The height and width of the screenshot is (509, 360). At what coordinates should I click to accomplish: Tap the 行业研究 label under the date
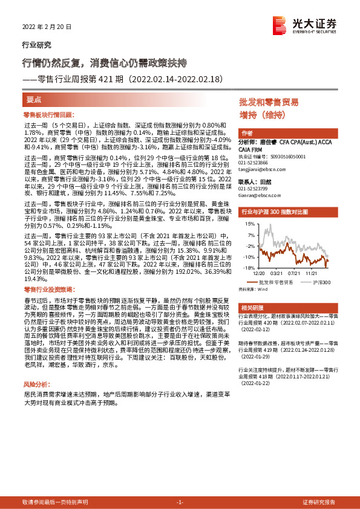[36, 45]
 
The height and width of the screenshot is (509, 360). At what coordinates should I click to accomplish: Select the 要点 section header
[34, 99]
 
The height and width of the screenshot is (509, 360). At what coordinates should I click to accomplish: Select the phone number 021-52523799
[255, 190]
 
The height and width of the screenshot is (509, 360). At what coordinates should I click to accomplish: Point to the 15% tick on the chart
[249, 224]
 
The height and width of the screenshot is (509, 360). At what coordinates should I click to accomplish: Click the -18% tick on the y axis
[248, 267]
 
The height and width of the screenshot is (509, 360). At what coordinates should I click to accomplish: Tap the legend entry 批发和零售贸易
[278, 282]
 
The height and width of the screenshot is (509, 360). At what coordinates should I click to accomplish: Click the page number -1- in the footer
[179, 502]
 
